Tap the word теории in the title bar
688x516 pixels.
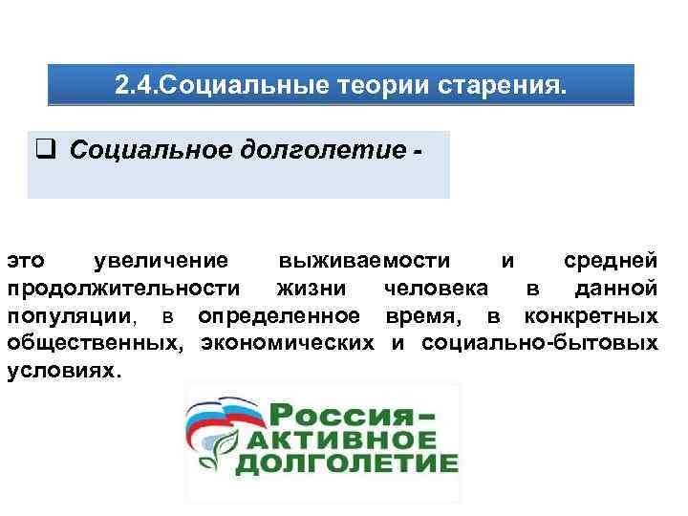(x=384, y=87)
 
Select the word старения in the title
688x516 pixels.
(x=502, y=87)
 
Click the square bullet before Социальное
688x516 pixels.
(x=43, y=150)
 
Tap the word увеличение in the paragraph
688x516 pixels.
(x=161, y=260)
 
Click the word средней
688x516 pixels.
(x=610, y=260)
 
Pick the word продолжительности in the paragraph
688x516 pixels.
(x=123, y=288)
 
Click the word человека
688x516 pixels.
(x=436, y=288)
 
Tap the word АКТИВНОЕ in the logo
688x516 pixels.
(x=336, y=442)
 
